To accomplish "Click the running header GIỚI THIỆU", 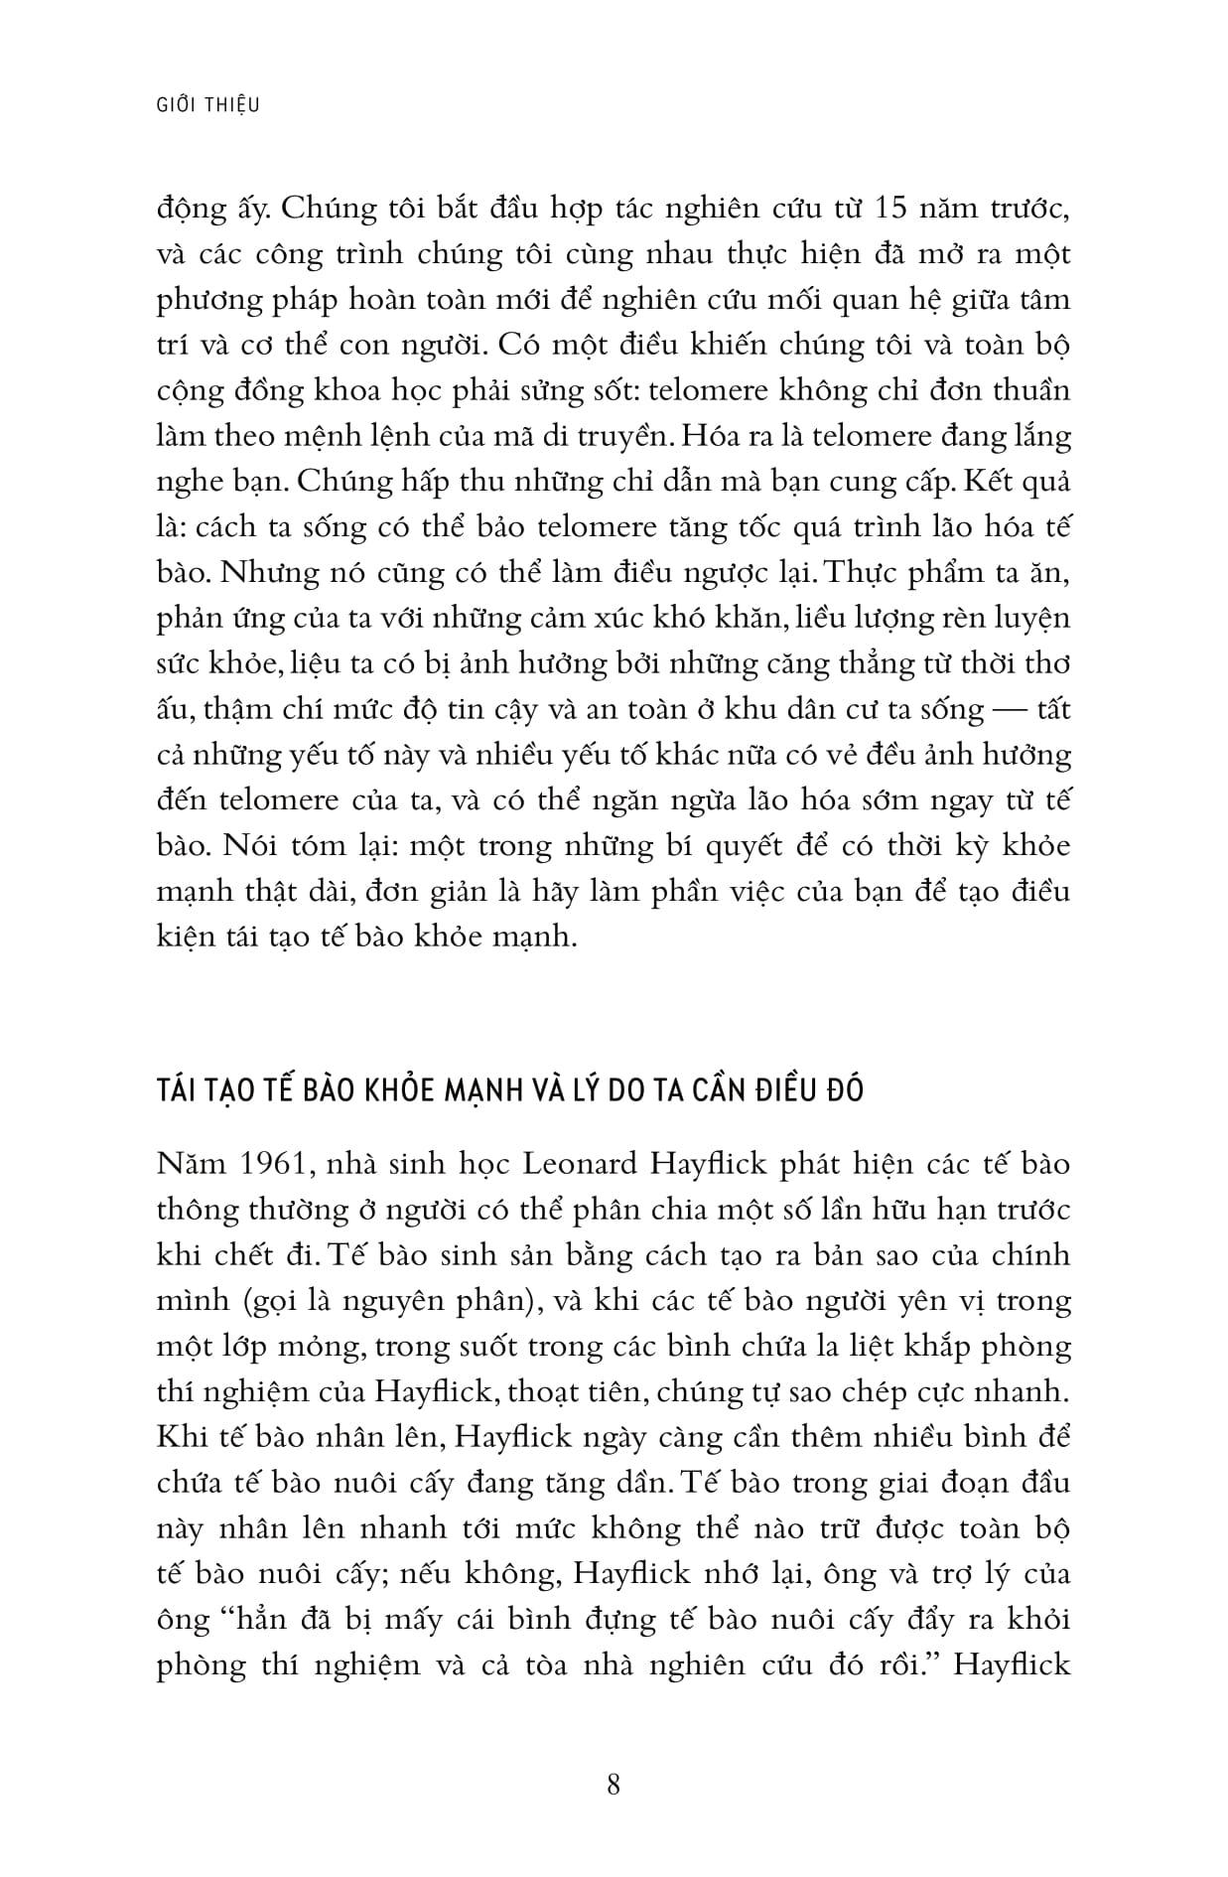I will [x=208, y=104].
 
